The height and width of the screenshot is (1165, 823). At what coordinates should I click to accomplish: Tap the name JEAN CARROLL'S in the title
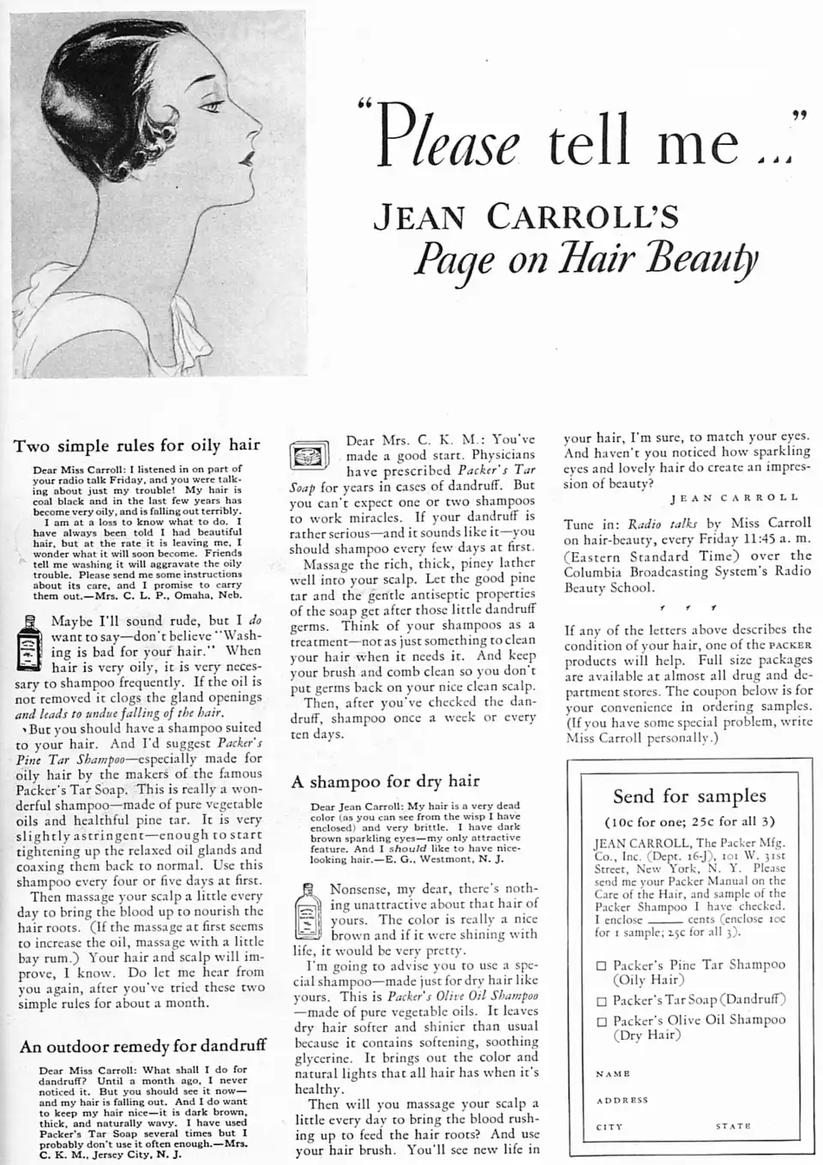pyautogui.click(x=526, y=217)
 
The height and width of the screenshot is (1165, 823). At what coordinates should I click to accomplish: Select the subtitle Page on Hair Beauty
pyautogui.click(x=585, y=256)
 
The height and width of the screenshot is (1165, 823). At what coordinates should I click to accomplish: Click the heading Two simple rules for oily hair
pyautogui.click(x=136, y=445)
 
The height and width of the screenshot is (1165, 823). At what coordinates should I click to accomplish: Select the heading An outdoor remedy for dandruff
pyautogui.click(x=143, y=1046)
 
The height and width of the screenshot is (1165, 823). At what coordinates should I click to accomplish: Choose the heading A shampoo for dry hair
pyautogui.click(x=385, y=781)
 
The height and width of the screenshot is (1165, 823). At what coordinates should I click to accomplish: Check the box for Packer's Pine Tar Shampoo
pyautogui.click(x=602, y=966)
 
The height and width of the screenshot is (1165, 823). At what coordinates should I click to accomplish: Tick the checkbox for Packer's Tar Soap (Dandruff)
pyautogui.click(x=602, y=1001)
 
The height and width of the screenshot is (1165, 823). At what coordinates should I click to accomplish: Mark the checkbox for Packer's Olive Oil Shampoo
pyautogui.click(x=602, y=1022)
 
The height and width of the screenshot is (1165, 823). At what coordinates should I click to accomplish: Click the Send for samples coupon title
pyautogui.click(x=689, y=796)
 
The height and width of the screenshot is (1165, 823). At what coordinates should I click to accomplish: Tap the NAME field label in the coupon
pyautogui.click(x=613, y=1073)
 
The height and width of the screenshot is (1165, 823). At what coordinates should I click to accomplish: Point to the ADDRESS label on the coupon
pyautogui.click(x=622, y=1100)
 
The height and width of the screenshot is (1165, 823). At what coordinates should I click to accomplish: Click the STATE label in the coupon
pyautogui.click(x=733, y=1126)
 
